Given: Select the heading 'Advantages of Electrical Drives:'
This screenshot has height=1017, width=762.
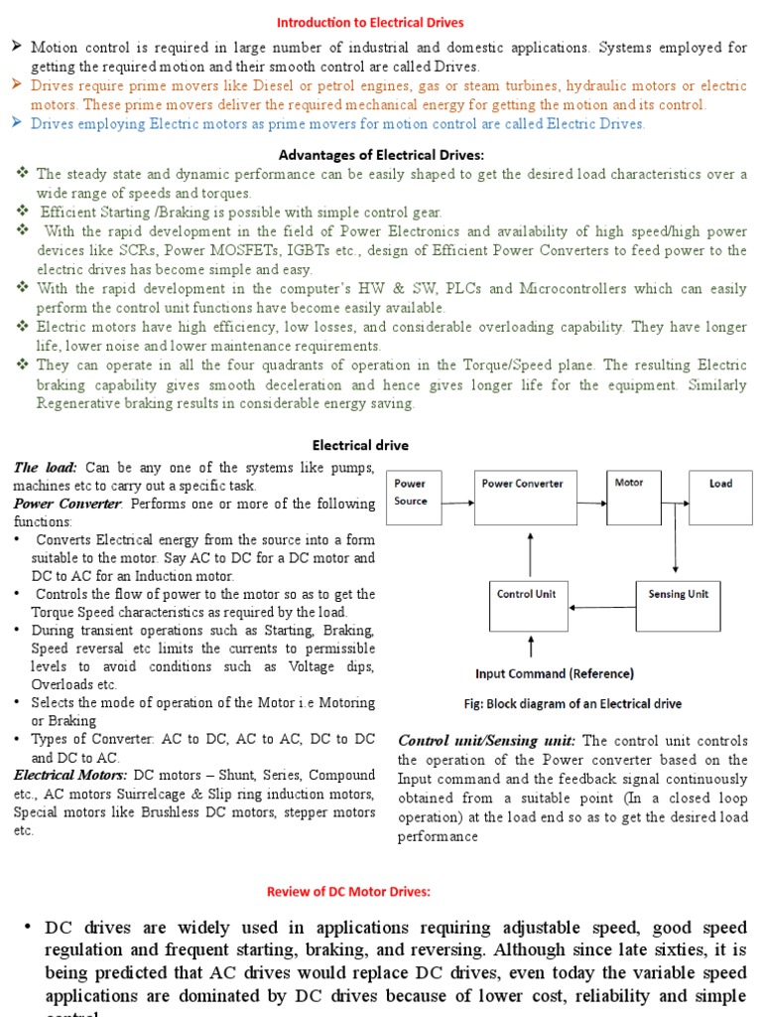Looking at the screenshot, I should pos(381,155).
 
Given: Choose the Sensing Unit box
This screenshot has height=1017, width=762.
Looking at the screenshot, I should pos(679,605).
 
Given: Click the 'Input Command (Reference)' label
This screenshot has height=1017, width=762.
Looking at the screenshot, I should pos(555,673).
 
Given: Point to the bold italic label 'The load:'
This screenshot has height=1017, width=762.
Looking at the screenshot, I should pos(47,468).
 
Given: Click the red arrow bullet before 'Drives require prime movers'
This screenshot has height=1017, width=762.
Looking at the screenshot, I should pos(17,85).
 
